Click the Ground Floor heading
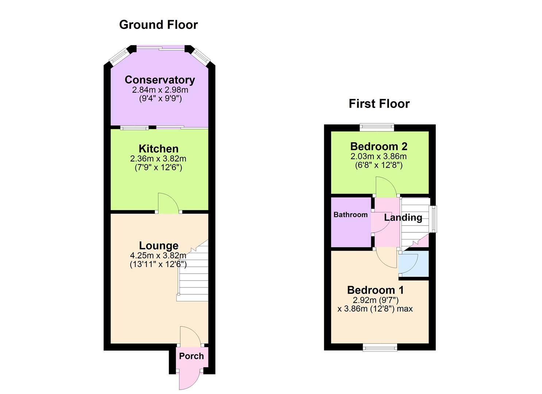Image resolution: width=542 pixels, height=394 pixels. click(x=158, y=25)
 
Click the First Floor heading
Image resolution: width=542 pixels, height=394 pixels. click(x=379, y=104)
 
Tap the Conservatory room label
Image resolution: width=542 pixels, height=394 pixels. click(x=159, y=80)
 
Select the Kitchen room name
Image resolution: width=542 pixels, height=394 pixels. click(x=158, y=148)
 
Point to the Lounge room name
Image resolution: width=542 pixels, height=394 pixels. click(x=158, y=246)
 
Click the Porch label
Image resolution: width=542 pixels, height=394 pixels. click(x=191, y=356)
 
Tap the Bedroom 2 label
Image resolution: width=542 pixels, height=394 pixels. click(x=379, y=146)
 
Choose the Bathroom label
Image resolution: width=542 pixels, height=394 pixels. click(x=350, y=215)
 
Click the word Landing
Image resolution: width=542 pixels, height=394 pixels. click(x=403, y=217)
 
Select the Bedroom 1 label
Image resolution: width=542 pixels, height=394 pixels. click(x=375, y=290)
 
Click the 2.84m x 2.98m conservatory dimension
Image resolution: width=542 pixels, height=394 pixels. click(x=160, y=90)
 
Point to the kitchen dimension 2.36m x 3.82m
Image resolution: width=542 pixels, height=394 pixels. click(x=158, y=159)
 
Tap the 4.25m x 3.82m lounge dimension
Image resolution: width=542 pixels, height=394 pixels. click(x=158, y=255)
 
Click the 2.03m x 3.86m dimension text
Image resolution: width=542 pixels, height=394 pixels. click(x=378, y=157)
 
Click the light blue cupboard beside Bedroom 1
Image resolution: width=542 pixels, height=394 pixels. click(x=413, y=264)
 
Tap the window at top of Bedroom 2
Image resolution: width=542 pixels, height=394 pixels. click(x=377, y=127)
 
